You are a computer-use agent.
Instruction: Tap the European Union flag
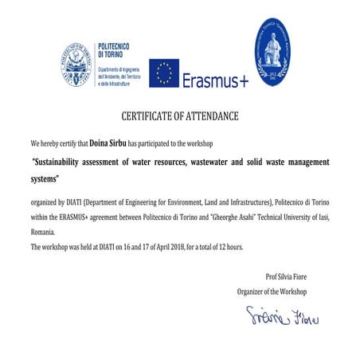pos(164,73)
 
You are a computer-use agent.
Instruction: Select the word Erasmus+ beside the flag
pos(215,80)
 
